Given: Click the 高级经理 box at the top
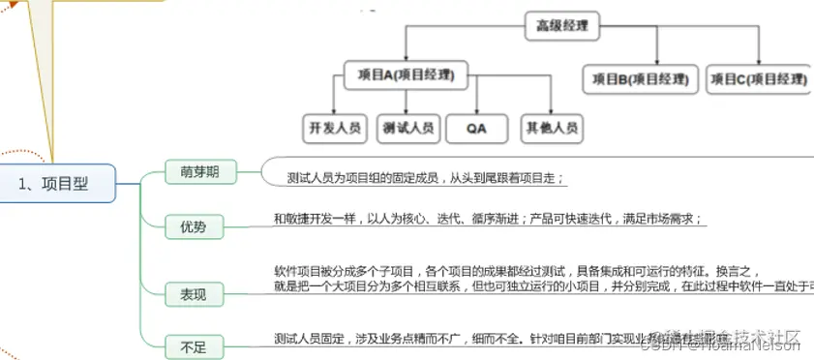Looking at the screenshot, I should click(562, 26).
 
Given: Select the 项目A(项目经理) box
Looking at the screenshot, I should click(400, 75).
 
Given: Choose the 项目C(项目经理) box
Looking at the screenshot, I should click(758, 78).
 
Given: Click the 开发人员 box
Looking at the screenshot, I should click(335, 127).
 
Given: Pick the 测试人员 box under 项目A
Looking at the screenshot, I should click(408, 127).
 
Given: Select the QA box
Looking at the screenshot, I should click(475, 127).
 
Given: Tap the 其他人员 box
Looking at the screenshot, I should click(552, 127).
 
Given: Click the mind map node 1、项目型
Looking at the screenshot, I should click(59, 184).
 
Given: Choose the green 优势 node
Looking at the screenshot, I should click(193, 227).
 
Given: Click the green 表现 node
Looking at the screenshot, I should click(193, 293).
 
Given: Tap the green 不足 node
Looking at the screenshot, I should click(193, 344).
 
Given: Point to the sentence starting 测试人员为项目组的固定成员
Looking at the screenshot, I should click(426, 178).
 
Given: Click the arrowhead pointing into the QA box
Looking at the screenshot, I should click(475, 110).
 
